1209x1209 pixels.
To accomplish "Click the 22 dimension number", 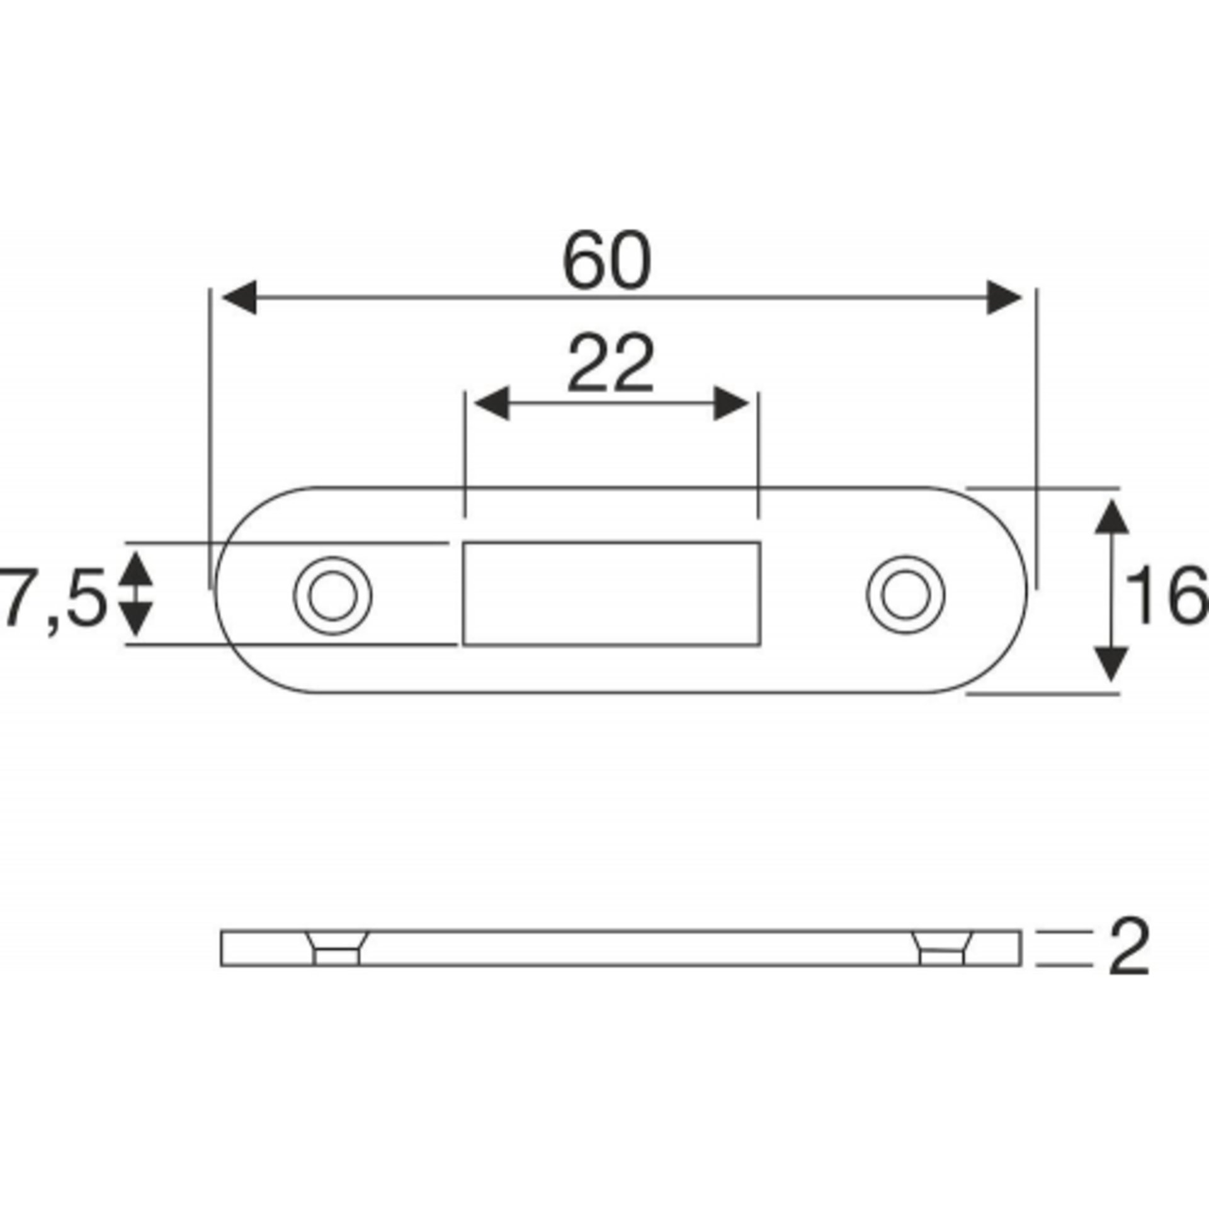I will [610, 363].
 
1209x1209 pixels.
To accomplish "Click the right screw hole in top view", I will [905, 595].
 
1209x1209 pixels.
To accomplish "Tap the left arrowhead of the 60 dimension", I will [240, 297].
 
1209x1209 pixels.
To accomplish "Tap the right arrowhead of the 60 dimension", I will [1004, 297].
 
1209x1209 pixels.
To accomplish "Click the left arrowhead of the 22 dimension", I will [491, 404].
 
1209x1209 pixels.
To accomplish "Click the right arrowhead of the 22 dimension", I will [731, 404].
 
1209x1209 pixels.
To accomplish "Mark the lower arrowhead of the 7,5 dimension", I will [137, 620].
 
